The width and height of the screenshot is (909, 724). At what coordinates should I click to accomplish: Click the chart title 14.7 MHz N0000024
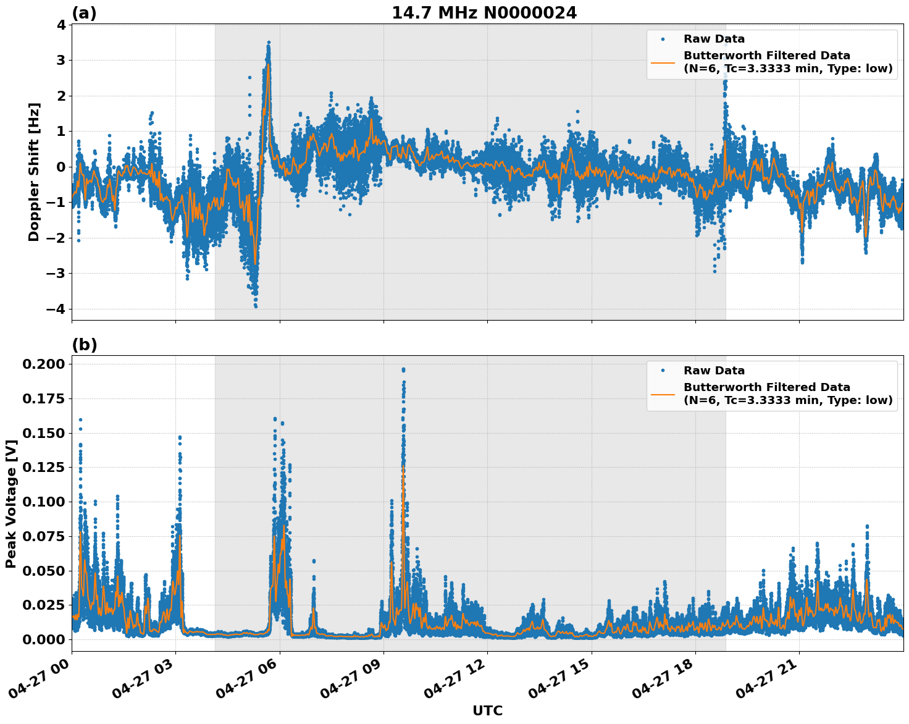(484, 13)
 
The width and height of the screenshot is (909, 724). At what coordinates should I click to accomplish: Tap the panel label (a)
(84, 13)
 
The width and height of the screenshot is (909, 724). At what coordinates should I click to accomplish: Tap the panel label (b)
(84, 345)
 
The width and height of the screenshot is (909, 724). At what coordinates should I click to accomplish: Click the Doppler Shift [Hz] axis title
(34, 172)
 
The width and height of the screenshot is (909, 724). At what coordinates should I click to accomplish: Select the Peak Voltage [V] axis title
(10, 503)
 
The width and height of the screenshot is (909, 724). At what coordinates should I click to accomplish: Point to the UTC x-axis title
(487, 710)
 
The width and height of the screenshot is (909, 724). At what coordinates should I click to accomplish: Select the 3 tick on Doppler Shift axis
(61, 61)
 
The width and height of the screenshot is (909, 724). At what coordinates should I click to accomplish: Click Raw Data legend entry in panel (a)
(714, 39)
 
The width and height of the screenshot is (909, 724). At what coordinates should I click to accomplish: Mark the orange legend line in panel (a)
(663, 62)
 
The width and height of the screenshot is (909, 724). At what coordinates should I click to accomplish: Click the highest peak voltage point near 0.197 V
(403, 369)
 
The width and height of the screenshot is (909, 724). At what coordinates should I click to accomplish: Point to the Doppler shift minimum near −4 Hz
(256, 306)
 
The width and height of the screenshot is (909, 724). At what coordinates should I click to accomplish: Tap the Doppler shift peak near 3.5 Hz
(269, 43)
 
